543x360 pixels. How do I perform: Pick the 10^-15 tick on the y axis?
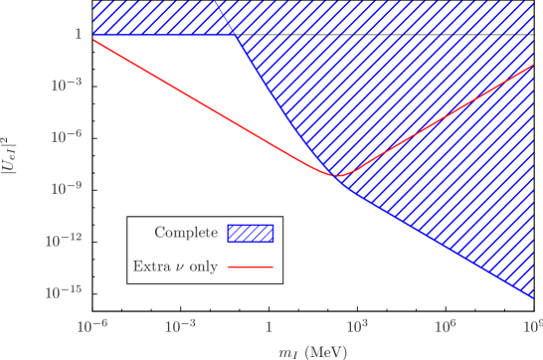click(x=64, y=292)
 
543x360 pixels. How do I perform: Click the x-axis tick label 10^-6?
click(x=91, y=325)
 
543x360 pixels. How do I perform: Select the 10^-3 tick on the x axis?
click(x=179, y=325)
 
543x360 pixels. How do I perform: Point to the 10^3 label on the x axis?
click(x=357, y=325)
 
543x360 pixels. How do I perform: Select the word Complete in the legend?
click(x=186, y=233)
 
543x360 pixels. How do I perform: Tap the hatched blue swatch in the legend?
click(x=251, y=233)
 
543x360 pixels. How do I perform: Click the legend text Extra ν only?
click(x=175, y=267)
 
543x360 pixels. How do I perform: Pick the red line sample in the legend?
click(x=251, y=267)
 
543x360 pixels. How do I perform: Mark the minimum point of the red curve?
click(x=336, y=176)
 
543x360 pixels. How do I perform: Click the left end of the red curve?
click(x=92, y=40)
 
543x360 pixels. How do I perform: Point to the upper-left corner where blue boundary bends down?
click(x=236, y=35)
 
